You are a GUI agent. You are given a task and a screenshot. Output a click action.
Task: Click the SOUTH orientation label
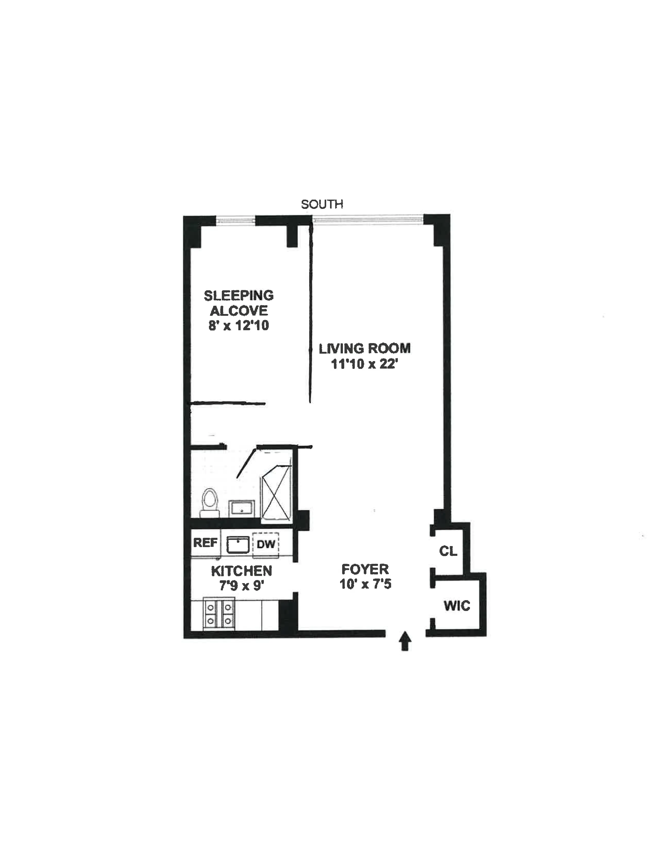point(322,204)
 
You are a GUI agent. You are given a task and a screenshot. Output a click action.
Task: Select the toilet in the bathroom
point(210,502)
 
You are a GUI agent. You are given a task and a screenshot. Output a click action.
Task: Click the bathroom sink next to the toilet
point(241,508)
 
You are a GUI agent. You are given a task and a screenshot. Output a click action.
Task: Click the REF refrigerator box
point(205,542)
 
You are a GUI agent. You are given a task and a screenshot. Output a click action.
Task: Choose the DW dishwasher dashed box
point(266,544)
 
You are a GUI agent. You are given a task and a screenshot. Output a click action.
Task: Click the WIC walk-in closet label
point(457,606)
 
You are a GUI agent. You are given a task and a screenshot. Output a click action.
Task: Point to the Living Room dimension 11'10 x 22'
point(364,364)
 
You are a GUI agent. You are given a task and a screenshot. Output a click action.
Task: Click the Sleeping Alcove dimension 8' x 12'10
point(239,325)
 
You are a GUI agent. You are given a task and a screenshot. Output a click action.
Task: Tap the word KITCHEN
point(241,571)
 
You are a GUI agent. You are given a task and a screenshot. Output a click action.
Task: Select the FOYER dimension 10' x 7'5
point(365,584)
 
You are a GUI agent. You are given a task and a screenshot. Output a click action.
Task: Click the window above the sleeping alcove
point(235,221)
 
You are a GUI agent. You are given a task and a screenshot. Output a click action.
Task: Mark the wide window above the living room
point(368,220)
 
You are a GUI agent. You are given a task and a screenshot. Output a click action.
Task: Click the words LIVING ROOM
point(364,348)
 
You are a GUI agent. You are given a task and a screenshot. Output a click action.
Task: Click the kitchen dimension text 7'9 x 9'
point(242,586)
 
